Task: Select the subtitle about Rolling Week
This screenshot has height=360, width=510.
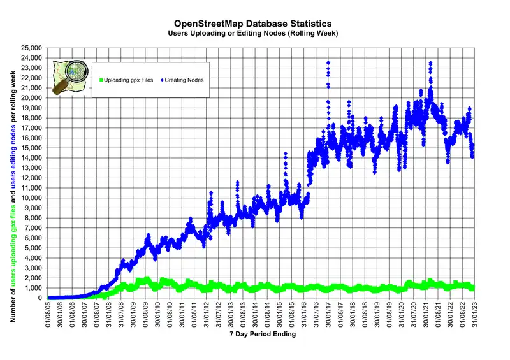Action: [x=253, y=32]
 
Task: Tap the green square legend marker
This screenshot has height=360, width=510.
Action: [x=101, y=80]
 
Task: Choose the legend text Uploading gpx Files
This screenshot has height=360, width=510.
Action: [x=129, y=80]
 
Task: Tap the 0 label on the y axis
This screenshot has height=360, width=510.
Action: [x=40, y=298]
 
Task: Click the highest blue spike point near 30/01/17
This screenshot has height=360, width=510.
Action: [x=328, y=62]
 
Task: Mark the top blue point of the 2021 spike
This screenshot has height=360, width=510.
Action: [x=431, y=62]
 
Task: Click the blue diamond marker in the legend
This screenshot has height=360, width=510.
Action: [x=163, y=80]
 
